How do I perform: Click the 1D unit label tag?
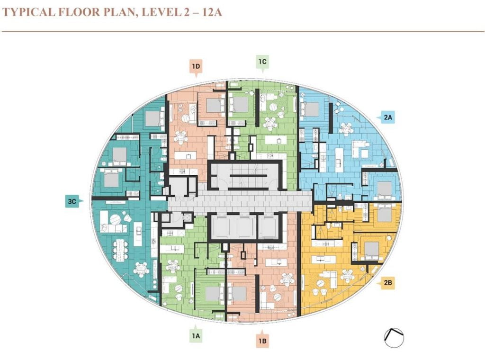196,67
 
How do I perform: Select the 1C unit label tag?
262,62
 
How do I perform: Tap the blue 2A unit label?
386,117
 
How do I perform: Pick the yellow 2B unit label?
387,282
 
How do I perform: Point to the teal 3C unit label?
73,201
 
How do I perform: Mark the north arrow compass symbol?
394,337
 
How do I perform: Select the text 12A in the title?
212,12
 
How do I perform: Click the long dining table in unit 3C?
120,250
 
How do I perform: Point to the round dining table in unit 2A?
346,129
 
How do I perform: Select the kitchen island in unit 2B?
322,259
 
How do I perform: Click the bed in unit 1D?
215,106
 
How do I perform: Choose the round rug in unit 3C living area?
115,219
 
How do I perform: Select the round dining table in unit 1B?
287,279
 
